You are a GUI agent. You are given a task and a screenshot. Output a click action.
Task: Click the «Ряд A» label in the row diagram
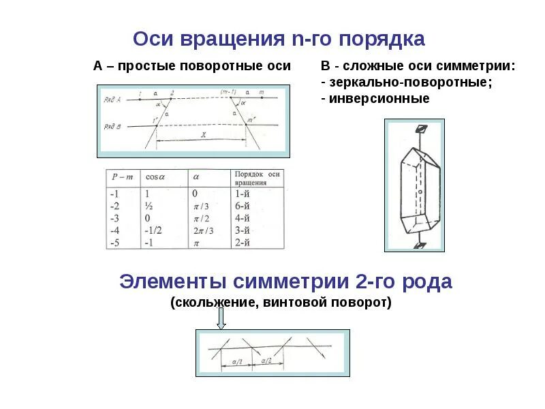click(x=111, y=100)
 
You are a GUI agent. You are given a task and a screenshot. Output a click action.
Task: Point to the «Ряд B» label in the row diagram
click(x=111, y=126)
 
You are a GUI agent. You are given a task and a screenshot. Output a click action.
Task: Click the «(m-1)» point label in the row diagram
click(x=225, y=92)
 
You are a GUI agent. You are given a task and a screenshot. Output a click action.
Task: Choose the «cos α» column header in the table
click(x=155, y=178)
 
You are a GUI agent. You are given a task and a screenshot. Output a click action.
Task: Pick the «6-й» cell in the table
click(x=243, y=206)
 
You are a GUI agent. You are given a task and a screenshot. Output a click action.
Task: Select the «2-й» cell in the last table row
click(x=243, y=243)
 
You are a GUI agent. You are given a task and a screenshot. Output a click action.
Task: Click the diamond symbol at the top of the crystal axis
click(x=421, y=129)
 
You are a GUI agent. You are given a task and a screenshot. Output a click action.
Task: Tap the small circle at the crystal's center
click(x=421, y=192)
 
